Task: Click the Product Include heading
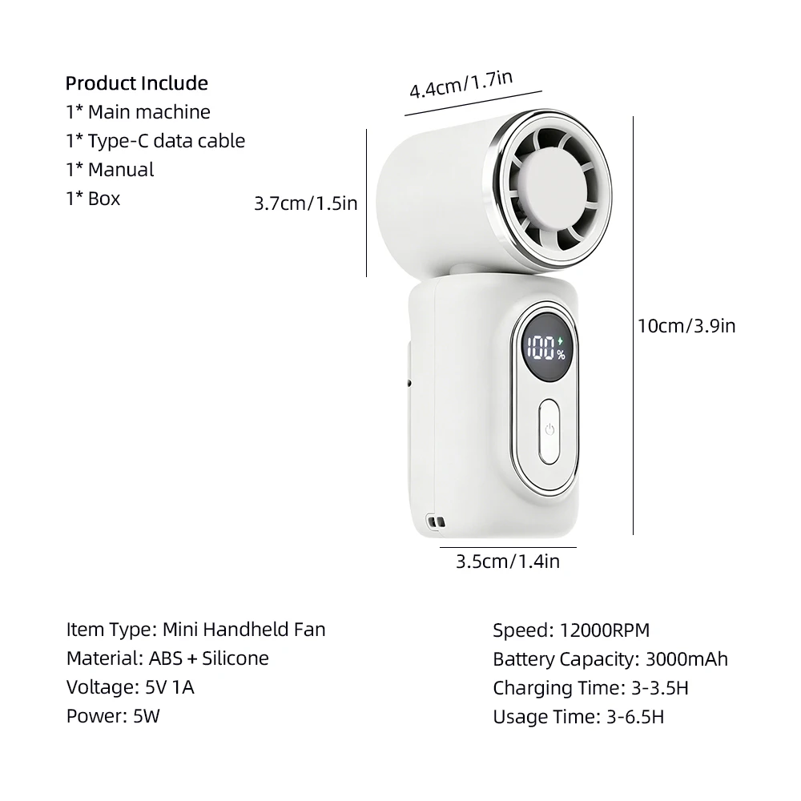click(x=136, y=83)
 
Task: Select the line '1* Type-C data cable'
click(x=155, y=141)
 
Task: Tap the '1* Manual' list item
click(x=110, y=170)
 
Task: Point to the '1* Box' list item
click(x=93, y=198)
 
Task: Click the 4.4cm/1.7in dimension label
click(x=461, y=84)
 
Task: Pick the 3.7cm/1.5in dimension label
click(x=305, y=203)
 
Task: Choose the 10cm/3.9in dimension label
click(x=686, y=326)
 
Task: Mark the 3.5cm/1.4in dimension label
click(x=508, y=562)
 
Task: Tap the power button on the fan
click(x=549, y=431)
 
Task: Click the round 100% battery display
click(x=546, y=348)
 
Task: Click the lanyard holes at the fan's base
click(x=436, y=521)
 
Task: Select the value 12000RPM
click(x=605, y=630)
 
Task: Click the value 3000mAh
click(x=686, y=659)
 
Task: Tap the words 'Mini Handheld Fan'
click(x=244, y=630)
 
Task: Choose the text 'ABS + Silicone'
click(x=208, y=658)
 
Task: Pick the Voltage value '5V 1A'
click(x=170, y=687)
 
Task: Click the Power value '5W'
click(x=147, y=716)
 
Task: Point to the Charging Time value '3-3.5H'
click(x=660, y=688)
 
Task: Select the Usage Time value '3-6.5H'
click(x=635, y=717)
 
